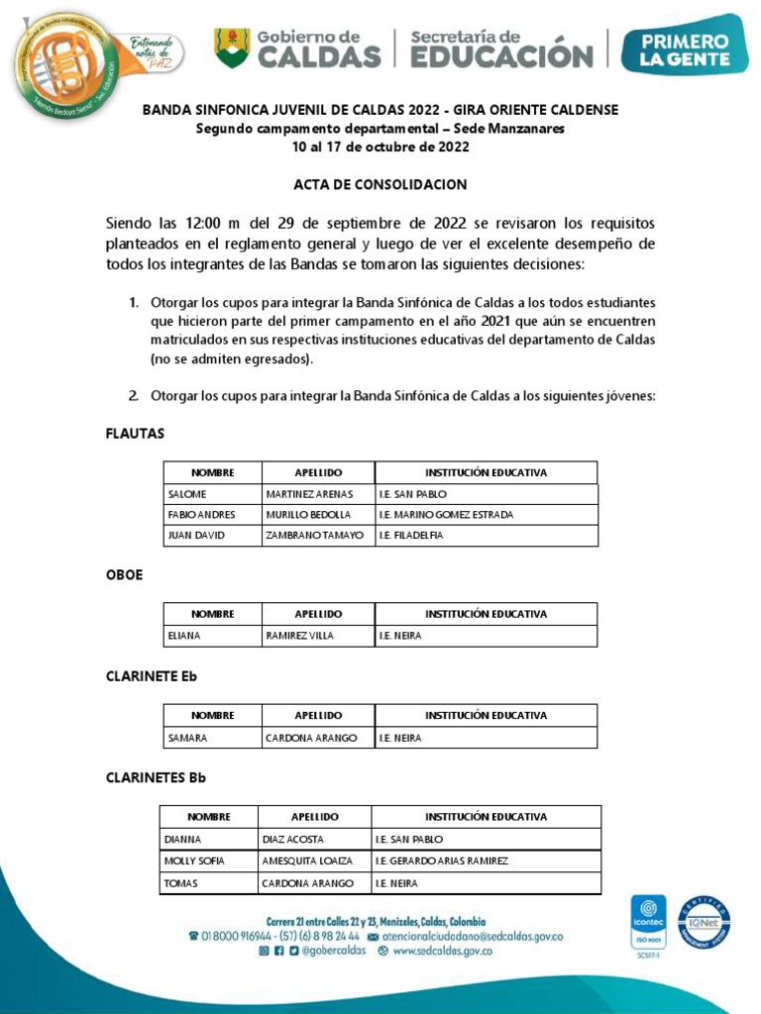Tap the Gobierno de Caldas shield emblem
233,48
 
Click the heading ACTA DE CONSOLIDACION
380,185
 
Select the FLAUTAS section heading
135,434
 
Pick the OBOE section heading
124,575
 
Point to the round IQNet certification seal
705,923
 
